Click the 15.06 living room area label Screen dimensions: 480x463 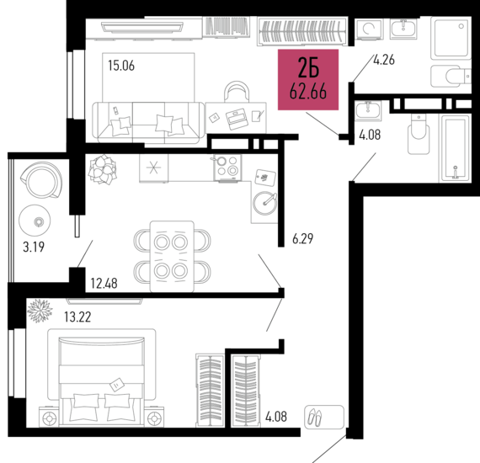121,66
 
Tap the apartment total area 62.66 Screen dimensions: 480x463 308,92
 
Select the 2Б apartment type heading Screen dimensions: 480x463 308,68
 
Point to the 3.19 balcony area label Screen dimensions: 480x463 34,247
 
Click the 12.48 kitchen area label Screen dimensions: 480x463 104,284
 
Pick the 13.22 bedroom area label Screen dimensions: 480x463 77,317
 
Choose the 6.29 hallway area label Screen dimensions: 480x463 303,239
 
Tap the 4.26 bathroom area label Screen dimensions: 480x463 384,60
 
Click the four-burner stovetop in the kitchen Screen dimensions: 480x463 227,168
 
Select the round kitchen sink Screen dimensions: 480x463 264,203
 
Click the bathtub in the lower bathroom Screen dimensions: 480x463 455,148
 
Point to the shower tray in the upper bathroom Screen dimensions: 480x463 451,37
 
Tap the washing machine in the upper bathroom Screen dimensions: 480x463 369,29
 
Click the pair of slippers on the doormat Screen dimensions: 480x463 315,417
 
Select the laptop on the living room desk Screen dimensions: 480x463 237,118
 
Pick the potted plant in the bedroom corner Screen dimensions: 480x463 40,311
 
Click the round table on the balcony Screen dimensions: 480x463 35,221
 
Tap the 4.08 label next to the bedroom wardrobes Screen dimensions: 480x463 276,417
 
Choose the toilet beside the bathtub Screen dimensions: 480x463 419,134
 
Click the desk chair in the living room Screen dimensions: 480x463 237,91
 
